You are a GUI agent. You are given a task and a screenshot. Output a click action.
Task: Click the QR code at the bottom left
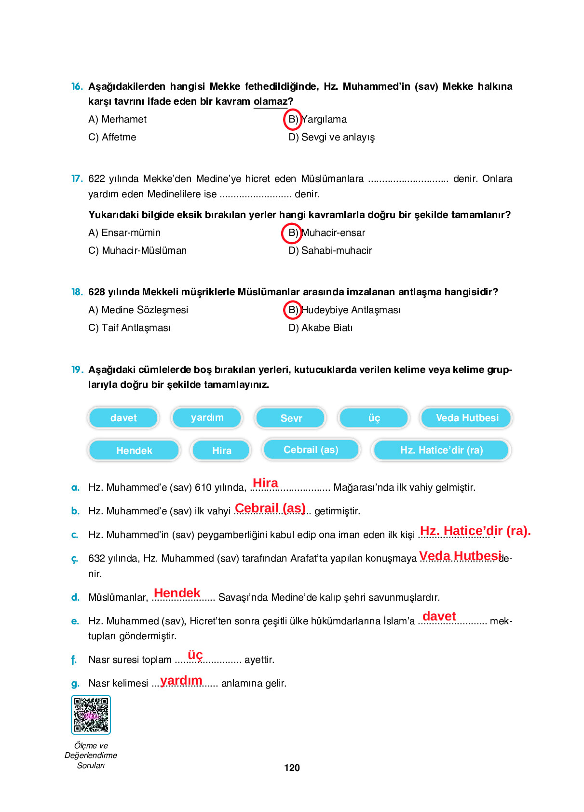pyautogui.click(x=91, y=715)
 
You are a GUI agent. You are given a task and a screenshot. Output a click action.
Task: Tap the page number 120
pyautogui.click(x=292, y=768)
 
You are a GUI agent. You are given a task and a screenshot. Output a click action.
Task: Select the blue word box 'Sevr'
pyautogui.click(x=291, y=418)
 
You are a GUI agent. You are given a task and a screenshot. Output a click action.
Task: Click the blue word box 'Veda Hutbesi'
pyautogui.click(x=466, y=418)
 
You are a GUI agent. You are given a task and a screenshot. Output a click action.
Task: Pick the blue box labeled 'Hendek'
pyautogui.click(x=134, y=450)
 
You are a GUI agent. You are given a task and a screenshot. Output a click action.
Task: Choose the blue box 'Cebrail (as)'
pyautogui.click(x=311, y=450)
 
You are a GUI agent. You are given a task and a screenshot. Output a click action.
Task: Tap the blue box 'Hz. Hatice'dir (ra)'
pyautogui.click(x=441, y=450)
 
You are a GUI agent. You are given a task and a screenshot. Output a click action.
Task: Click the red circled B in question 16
pyautogui.click(x=292, y=119)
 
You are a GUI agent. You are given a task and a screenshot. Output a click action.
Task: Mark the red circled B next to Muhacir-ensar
pyautogui.click(x=292, y=233)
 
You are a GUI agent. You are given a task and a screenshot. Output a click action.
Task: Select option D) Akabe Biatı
pyautogui.click(x=320, y=328)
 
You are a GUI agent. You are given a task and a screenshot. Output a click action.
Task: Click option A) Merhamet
pyautogui.click(x=117, y=119)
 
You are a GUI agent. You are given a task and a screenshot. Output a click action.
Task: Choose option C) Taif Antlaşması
pyautogui.click(x=129, y=328)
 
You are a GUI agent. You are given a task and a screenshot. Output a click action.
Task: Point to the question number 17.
pyautogui.click(x=77, y=179)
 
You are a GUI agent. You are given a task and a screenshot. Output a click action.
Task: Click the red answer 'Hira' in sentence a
pyautogui.click(x=265, y=483)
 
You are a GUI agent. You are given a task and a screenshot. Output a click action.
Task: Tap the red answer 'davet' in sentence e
pyautogui.click(x=439, y=616)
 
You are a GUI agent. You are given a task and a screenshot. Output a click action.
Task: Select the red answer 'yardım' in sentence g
pyautogui.click(x=181, y=680)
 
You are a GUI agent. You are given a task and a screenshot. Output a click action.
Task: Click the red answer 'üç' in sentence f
pyautogui.click(x=195, y=655)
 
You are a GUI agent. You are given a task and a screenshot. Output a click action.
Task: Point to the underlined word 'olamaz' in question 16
pyautogui.click(x=270, y=101)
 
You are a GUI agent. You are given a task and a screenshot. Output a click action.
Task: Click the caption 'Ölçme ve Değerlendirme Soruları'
pyautogui.click(x=91, y=755)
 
